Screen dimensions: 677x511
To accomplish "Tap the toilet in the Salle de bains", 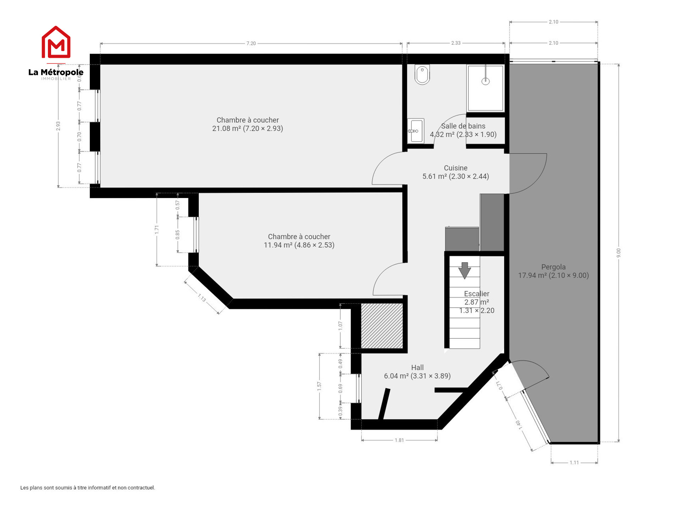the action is click(x=422, y=75).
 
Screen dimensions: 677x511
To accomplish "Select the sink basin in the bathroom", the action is click(x=415, y=131).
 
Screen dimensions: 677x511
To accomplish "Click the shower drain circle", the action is click(x=485, y=81).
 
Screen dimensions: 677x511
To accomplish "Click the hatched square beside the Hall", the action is click(x=382, y=326).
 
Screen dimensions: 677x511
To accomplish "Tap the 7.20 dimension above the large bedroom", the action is click(x=251, y=43).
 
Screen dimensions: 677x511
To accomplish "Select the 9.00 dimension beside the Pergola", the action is click(x=618, y=253).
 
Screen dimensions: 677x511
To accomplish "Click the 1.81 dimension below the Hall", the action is click(x=399, y=440).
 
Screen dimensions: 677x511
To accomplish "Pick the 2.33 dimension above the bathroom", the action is click(x=456, y=43).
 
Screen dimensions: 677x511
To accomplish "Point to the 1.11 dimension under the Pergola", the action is click(x=574, y=462).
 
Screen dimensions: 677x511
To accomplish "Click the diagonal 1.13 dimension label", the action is click(x=202, y=298).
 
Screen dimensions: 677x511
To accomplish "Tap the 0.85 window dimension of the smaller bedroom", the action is click(x=177, y=235).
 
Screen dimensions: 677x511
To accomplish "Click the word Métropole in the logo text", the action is click(x=62, y=72).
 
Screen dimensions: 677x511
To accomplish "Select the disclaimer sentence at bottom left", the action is click(x=88, y=488).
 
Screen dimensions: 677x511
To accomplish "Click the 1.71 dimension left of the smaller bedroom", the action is click(x=156, y=230).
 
